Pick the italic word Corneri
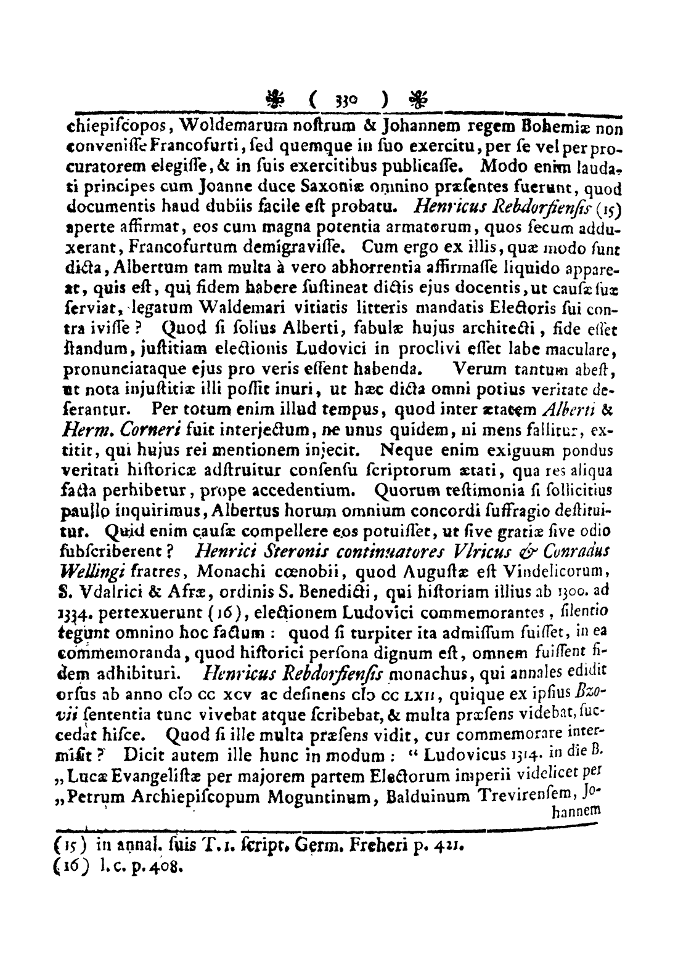(x=144, y=408)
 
